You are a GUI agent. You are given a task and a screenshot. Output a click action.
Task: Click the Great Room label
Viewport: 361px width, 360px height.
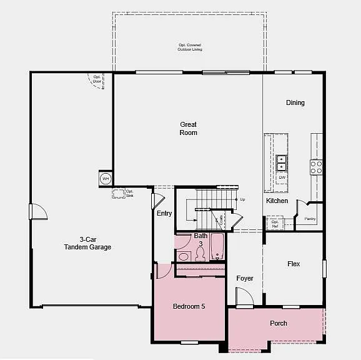[x=188, y=129]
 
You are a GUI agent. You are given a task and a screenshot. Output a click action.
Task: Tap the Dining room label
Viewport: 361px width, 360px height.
[x=295, y=102]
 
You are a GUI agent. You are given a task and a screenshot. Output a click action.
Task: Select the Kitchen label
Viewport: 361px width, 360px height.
[x=277, y=201]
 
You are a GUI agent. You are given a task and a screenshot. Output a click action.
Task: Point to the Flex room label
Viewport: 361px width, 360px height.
[x=294, y=264]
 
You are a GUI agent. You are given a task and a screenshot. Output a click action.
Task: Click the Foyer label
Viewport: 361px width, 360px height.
[x=245, y=278]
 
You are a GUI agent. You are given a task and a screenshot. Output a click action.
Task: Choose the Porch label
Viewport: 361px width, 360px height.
[x=279, y=323]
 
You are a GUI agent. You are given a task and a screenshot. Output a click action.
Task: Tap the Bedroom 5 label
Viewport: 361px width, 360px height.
[x=189, y=306]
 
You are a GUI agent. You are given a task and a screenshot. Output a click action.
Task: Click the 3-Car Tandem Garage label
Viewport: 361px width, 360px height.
[x=87, y=243]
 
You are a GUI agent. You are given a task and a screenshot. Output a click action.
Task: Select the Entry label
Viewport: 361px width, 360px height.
[x=164, y=213]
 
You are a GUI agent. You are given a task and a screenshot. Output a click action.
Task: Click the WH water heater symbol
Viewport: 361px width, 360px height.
[x=105, y=179]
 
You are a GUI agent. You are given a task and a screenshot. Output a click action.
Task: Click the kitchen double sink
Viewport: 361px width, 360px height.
[x=282, y=162]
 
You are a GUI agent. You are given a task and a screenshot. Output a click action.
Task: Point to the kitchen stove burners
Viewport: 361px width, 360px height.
[x=317, y=167]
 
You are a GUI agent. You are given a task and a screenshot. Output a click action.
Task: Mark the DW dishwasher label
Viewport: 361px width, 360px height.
[x=282, y=177]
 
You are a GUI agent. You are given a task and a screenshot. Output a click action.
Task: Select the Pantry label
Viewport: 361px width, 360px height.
[x=310, y=219]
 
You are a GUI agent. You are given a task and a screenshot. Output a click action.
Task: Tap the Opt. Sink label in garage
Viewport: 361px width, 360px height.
[x=129, y=193]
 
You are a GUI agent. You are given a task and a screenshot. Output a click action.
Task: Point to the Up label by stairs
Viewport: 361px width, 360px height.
[x=242, y=199]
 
